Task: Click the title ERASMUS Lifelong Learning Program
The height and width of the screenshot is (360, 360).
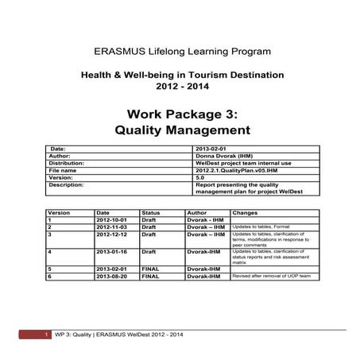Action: pyautogui.click(x=182, y=51)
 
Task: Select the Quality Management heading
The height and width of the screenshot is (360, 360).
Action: pyautogui.click(x=182, y=129)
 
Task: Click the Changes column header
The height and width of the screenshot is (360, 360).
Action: pyautogui.click(x=246, y=213)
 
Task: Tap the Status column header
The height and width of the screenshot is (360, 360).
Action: pyautogui.click(x=150, y=213)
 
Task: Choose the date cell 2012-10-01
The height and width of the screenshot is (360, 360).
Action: pyautogui.click(x=110, y=220)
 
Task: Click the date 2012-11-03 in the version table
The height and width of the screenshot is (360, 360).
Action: pyautogui.click(x=110, y=227)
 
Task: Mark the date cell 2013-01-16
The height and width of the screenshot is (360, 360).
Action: pyautogui.click(x=110, y=252)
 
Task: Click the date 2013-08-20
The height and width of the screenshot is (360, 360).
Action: pyautogui.click(x=110, y=277)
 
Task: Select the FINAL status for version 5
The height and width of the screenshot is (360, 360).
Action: pyautogui.click(x=150, y=269)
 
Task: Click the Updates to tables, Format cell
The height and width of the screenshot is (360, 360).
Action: pyautogui.click(x=261, y=227)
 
